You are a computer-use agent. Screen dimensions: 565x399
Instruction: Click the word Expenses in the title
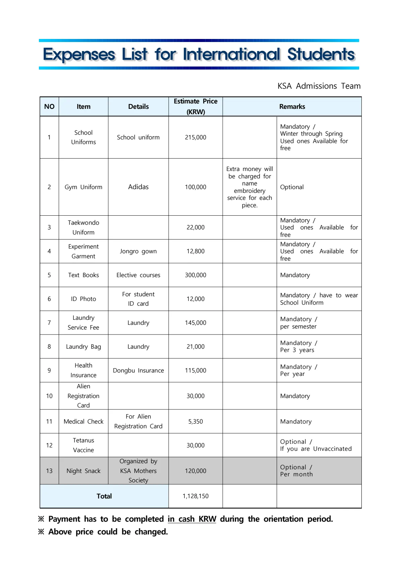tap(79, 55)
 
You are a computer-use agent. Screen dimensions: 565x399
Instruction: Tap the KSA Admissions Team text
tap(319, 86)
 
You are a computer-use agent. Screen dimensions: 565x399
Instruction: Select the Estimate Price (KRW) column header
tap(195, 106)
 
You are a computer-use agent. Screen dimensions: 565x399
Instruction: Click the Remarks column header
tap(292, 106)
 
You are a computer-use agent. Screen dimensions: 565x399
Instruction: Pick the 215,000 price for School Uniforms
tap(195, 137)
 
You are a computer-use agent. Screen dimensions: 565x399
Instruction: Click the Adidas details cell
tap(138, 187)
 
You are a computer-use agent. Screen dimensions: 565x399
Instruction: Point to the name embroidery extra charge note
tap(249, 187)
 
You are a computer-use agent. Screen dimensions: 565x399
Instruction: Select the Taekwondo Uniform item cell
tap(83, 227)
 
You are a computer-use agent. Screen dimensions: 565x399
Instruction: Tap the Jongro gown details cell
tap(138, 251)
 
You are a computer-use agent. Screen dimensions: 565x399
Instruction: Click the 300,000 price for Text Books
tap(195, 275)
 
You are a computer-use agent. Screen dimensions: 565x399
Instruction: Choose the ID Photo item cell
tap(83, 299)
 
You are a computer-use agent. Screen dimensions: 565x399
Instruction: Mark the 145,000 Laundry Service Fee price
tap(195, 323)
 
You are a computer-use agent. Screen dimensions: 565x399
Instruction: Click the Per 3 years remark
tap(297, 350)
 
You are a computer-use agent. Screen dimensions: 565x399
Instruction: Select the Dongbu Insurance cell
tap(138, 371)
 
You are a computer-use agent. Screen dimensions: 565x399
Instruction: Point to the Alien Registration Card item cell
tap(83, 396)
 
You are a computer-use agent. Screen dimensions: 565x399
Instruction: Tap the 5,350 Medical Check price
tap(195, 422)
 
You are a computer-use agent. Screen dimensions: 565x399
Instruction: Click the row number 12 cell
tap(49, 445)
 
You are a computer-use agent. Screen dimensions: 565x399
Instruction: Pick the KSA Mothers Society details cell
tap(138, 471)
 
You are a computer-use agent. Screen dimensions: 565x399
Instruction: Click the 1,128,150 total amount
tap(195, 496)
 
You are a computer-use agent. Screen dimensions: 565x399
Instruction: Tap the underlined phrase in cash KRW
tap(192, 519)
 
